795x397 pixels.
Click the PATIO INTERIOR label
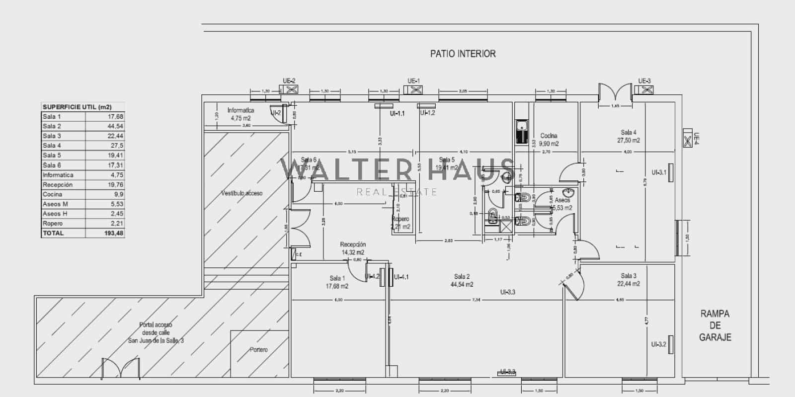point(463,54)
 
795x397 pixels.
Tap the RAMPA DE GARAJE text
point(715,325)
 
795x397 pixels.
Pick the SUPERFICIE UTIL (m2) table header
point(77,107)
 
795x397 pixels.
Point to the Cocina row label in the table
point(53,194)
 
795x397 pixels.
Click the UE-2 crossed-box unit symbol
point(289,90)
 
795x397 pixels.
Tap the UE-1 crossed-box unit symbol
point(413,90)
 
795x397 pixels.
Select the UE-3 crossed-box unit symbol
point(645,90)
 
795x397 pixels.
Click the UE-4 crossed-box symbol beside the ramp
point(688,139)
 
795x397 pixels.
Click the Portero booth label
point(258,350)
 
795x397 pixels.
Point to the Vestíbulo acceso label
point(241,193)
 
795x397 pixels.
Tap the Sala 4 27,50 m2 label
point(628,136)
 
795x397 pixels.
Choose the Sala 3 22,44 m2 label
point(628,280)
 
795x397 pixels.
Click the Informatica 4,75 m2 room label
point(240,114)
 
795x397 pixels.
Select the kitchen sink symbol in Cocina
point(521,132)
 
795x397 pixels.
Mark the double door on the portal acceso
point(121,369)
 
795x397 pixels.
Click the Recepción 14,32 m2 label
point(353,248)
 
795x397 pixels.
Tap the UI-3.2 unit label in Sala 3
point(659,344)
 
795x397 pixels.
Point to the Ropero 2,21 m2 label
point(400,223)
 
